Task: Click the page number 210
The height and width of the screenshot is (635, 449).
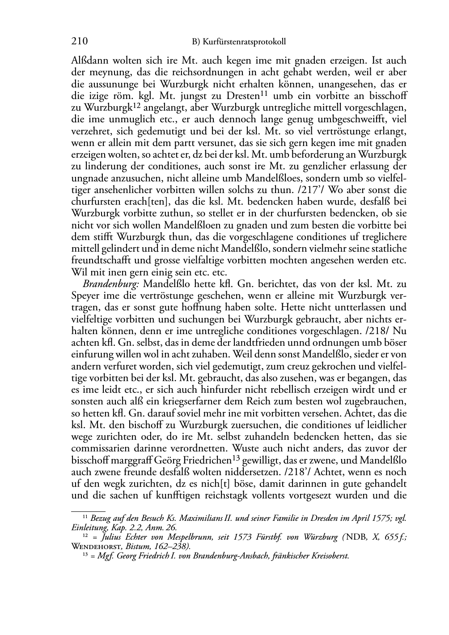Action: (79, 42)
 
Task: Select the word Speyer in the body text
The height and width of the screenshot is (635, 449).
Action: (85, 296)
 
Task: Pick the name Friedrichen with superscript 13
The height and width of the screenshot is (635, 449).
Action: (207, 460)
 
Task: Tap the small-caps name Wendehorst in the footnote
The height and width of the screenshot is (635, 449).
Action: (93, 546)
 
